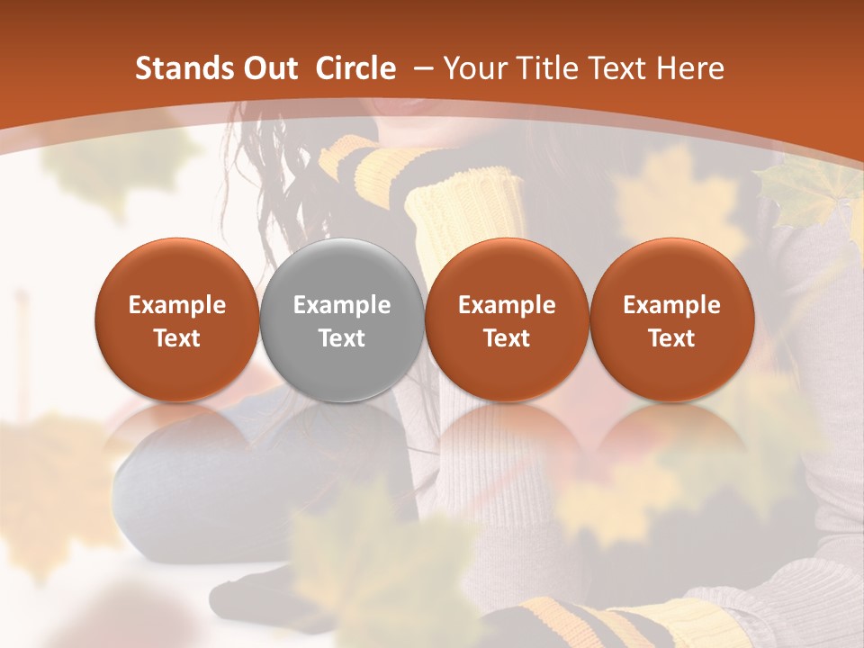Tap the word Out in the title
269,68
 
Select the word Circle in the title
355,68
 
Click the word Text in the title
617,68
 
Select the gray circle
342,319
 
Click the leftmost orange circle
177,319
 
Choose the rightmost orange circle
671,319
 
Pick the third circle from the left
507,319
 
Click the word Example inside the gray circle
342,305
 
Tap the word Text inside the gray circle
342,338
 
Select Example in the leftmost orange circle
177,305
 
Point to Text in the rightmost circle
671,338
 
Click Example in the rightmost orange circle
671,305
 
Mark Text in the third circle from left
507,338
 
